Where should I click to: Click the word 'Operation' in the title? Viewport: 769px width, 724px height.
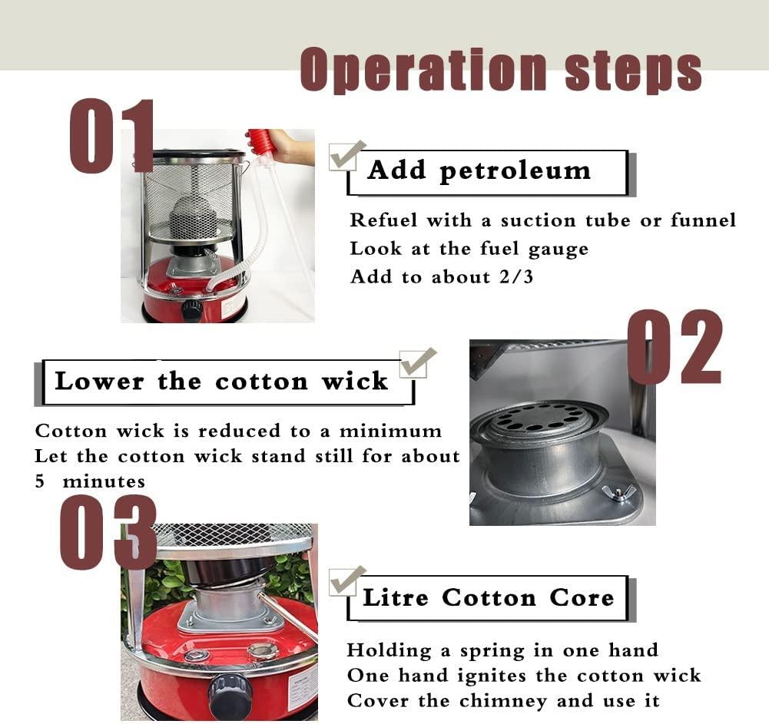(423, 69)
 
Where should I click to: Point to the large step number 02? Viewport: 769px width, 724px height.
(675, 346)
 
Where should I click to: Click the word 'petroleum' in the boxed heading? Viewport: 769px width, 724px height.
(515, 171)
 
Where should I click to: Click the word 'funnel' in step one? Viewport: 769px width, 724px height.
(703, 220)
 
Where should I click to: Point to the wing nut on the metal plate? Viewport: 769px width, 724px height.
(615, 491)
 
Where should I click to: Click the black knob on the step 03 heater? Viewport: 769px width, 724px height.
(228, 693)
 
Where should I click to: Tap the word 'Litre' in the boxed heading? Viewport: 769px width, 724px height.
(396, 597)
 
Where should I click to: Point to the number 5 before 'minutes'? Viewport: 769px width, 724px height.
(40, 481)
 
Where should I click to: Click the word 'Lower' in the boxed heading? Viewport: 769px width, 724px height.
(100, 382)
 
